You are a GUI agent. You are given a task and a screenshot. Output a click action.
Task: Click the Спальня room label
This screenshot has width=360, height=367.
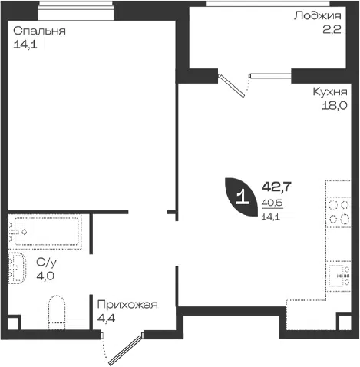pos(39,31)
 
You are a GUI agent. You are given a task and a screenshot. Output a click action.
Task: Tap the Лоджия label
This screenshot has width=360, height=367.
pos(318,16)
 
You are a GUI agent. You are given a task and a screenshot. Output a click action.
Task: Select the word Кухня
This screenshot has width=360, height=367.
pos(330,91)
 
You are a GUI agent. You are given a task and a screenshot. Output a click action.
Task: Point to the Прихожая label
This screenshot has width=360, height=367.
pos(127,305)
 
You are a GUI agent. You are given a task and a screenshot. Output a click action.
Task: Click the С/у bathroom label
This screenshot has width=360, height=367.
pos(46,263)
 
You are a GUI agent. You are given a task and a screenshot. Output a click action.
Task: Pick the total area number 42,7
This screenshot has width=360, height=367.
pos(276,187)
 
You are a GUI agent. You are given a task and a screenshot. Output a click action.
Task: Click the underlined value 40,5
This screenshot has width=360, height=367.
pos(272,203)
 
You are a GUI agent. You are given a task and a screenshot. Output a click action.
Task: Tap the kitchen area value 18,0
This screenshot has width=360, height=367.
pos(335,105)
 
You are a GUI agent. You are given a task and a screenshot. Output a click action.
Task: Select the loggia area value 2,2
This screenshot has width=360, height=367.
pos(332,30)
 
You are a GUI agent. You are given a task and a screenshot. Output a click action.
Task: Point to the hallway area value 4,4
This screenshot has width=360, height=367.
pos(106,319)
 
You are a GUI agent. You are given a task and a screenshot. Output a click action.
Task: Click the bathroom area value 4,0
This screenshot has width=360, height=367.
pos(45,276)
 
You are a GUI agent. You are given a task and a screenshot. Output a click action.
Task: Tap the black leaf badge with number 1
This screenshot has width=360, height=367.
pos(241,197)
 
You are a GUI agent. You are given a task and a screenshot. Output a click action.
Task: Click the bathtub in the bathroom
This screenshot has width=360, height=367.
pos(46,231)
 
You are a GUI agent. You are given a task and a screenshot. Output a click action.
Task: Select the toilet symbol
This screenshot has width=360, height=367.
pos(57,312)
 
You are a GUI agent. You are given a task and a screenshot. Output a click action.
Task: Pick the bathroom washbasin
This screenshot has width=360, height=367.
pos(17,268)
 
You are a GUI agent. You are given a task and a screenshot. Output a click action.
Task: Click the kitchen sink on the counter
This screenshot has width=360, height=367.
pos(339,276)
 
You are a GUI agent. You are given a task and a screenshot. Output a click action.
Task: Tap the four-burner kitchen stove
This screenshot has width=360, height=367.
pos(339,212)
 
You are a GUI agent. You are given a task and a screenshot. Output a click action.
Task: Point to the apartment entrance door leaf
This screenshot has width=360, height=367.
pos(125,349)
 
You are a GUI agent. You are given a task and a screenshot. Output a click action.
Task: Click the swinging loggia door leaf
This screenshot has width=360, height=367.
pos(232,86)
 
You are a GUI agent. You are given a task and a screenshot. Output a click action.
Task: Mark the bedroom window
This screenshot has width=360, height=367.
pos(76,10)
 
